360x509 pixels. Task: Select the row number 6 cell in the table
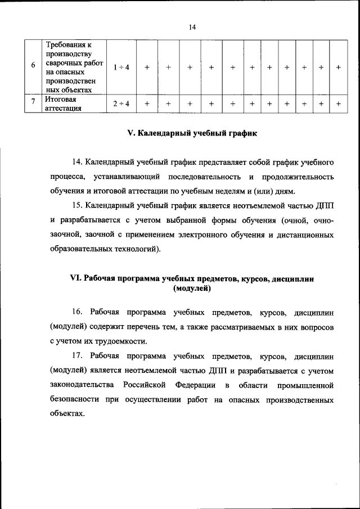tap(34, 67)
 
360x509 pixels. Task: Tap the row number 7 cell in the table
tap(34, 103)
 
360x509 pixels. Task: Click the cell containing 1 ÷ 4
tap(120, 67)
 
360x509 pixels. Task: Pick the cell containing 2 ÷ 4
tap(120, 103)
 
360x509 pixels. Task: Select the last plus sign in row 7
tap(338, 103)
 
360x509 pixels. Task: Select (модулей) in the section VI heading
tap(192, 289)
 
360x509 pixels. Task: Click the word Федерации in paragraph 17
tap(195, 385)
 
